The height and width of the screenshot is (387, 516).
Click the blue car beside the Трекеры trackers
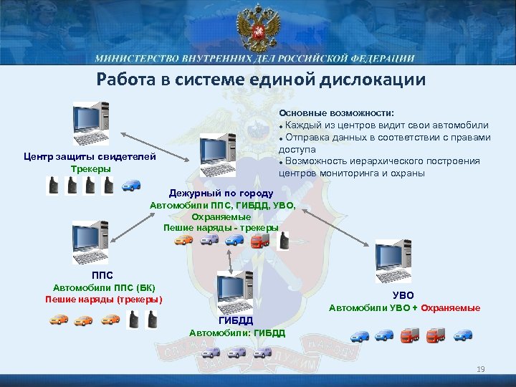131,186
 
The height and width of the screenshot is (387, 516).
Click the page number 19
480,370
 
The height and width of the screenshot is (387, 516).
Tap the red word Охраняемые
451,308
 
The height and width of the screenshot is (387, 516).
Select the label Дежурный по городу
221,193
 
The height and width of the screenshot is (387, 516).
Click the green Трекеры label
91,168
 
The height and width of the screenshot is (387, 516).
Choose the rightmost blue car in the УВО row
464,334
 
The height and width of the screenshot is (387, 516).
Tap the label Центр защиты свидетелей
90,157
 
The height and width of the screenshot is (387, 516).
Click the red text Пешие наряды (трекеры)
103,299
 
